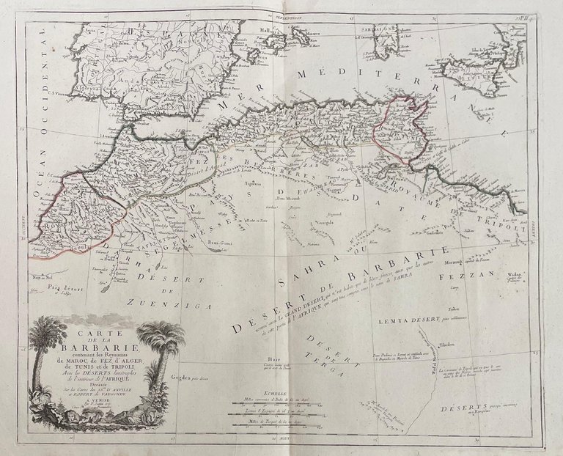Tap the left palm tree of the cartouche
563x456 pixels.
[51, 352]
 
